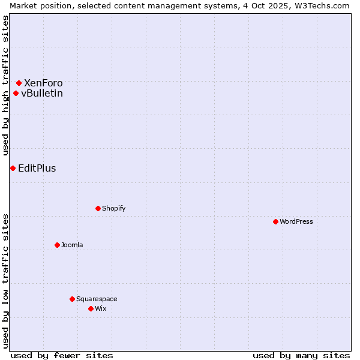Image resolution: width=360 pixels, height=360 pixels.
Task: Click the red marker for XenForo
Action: click(x=19, y=83)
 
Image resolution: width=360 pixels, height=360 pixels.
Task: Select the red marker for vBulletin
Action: click(x=16, y=93)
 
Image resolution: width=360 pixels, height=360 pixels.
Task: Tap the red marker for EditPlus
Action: click(x=13, y=168)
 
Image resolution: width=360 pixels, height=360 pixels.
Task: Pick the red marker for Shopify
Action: click(x=98, y=208)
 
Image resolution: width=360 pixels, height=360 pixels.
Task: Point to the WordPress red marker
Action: click(x=275, y=221)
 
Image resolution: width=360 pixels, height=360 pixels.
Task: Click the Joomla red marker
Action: click(x=57, y=245)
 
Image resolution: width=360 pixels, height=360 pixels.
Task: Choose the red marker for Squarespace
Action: click(x=72, y=299)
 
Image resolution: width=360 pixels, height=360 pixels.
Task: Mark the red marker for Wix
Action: click(x=91, y=308)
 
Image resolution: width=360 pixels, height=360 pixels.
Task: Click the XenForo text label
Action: click(x=43, y=83)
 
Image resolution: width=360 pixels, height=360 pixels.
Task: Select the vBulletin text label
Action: click(x=42, y=93)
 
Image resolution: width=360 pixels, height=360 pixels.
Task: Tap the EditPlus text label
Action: click(x=37, y=168)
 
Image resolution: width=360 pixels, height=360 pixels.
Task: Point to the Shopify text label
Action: click(x=114, y=208)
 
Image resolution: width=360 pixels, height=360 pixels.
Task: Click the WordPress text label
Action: click(x=296, y=221)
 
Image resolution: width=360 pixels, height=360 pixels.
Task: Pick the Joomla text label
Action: click(x=72, y=245)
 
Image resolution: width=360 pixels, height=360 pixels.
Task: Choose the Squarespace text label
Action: click(x=97, y=299)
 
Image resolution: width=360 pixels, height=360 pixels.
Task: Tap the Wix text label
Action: click(x=101, y=308)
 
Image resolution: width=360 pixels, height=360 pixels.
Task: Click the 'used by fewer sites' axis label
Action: click(x=62, y=355)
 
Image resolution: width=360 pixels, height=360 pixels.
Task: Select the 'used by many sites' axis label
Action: click(x=301, y=355)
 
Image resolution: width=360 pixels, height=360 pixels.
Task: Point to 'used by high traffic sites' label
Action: click(x=5, y=85)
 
